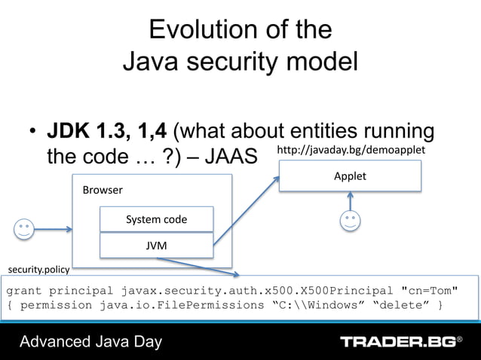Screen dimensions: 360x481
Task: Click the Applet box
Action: pos(350,176)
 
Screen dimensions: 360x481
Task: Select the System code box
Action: pos(156,219)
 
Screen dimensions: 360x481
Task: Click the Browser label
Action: pos(103,190)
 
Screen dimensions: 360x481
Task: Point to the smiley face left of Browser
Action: pos(24,228)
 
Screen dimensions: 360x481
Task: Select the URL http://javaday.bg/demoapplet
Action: pos(351,151)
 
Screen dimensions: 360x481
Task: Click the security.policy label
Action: pos(38,269)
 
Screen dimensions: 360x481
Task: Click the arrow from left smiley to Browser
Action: pos(54,228)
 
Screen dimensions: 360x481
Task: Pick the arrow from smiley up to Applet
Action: pos(350,200)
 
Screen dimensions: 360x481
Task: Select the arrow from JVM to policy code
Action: pos(200,267)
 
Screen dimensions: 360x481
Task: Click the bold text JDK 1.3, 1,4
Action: pos(108,132)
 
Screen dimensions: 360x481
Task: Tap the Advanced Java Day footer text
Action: pos(90,342)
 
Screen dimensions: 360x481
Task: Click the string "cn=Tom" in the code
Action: pos(428,291)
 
